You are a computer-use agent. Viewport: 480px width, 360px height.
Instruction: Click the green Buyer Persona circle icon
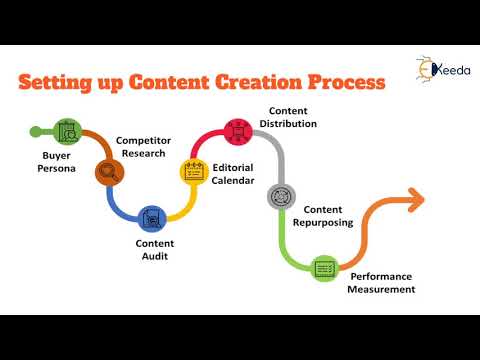68,130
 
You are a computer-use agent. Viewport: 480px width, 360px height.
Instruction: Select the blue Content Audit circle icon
152,217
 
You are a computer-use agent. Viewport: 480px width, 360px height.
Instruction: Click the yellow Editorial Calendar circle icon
193,171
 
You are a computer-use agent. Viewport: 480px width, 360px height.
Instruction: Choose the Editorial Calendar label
232,174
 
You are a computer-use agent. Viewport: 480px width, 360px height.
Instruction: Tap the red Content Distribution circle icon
238,130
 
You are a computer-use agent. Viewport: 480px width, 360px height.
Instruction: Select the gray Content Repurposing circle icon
280,196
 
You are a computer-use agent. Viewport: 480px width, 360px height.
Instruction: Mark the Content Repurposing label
329,215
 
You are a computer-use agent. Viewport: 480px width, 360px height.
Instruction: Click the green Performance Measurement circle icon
323,267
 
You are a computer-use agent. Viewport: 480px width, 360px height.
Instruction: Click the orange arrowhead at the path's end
413,199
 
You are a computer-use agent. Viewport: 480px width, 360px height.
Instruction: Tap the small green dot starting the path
37,130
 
